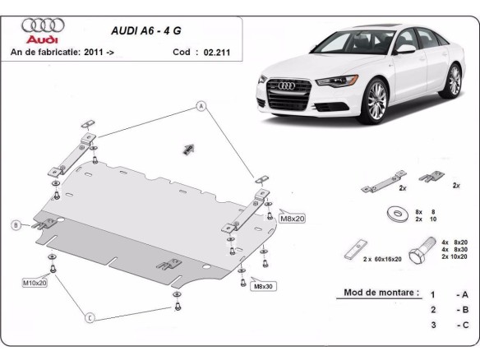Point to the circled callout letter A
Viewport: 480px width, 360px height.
point(199,105)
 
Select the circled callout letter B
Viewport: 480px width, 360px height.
point(15,225)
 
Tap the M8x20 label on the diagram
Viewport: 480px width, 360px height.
point(292,219)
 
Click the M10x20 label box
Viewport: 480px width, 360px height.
point(35,282)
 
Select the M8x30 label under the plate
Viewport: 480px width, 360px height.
point(263,287)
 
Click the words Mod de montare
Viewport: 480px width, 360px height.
point(377,293)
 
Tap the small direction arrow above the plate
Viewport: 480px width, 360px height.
point(187,149)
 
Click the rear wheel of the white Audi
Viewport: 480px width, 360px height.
point(453,81)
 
